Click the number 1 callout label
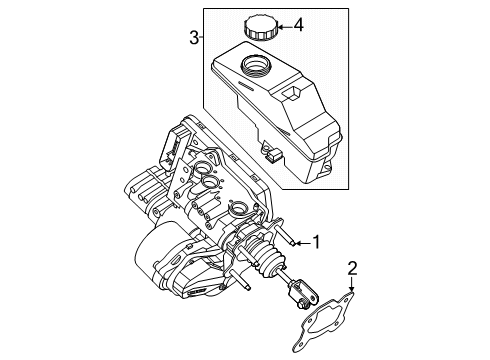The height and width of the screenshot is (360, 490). click(318, 241)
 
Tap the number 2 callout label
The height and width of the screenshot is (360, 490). click(352, 267)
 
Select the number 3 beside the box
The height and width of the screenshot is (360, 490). click(194, 38)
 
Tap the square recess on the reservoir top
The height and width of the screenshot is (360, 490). click(291, 93)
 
